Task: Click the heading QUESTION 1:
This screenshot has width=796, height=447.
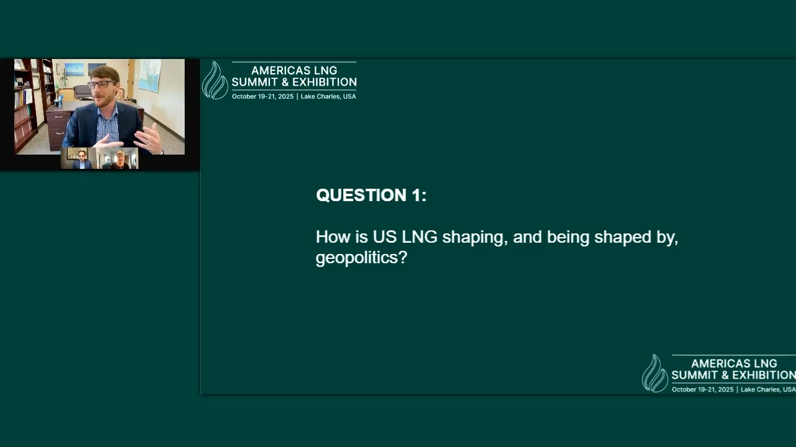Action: [x=371, y=195]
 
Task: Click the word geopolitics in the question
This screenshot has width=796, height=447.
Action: [x=357, y=258]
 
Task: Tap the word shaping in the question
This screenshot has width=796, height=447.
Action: [x=475, y=237]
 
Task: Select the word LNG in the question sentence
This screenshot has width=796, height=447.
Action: [x=419, y=237]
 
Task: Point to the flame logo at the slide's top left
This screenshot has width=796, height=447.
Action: [x=215, y=80]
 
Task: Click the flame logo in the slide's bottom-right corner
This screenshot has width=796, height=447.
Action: [x=655, y=373]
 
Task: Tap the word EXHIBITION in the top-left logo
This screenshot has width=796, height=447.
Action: [x=325, y=83]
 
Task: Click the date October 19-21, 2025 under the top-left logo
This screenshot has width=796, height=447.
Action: [x=262, y=96]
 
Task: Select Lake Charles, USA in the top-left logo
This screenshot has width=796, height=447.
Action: [x=328, y=96]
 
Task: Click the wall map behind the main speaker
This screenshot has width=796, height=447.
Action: [x=150, y=75]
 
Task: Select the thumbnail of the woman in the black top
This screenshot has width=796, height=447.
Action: [x=119, y=158]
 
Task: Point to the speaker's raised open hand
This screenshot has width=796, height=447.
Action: [x=149, y=138]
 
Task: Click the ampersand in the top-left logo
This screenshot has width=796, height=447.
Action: [x=285, y=83]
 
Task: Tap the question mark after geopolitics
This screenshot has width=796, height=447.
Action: [x=403, y=257]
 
